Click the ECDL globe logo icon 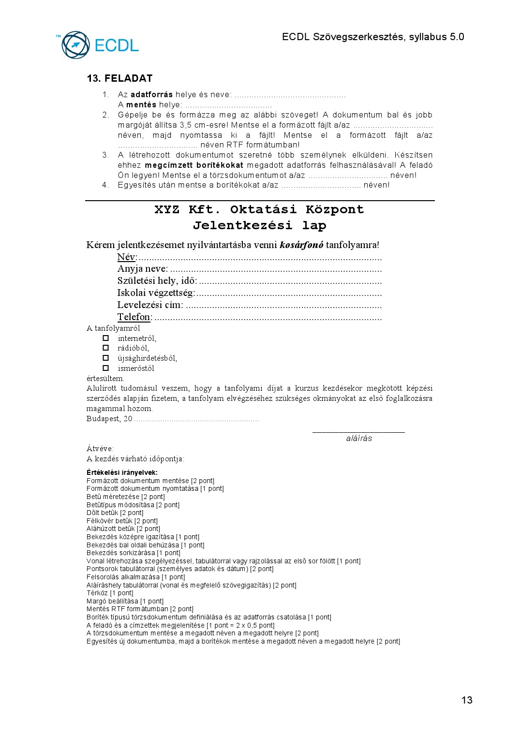75,45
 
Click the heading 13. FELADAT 119,78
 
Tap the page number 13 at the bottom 467,700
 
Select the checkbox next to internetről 106,338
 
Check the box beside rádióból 106,348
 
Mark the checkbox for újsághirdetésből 106,358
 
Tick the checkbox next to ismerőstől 106,368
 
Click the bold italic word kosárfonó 301,245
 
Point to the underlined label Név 127,257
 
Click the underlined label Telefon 134,317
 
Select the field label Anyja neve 142,269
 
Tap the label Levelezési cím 150,305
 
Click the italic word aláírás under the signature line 359,438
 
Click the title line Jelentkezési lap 259,225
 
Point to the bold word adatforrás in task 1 151,95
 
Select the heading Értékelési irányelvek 122,472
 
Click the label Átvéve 100,448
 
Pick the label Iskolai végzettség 156,293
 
